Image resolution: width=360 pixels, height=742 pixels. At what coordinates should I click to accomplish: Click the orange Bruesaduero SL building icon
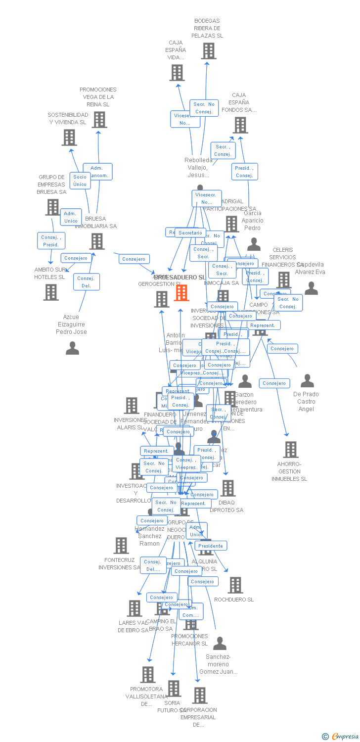(x=181, y=292)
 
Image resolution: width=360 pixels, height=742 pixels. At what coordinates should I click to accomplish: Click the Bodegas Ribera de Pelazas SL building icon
(x=209, y=51)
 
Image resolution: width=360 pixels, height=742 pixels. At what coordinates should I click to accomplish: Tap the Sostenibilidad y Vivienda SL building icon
(x=69, y=138)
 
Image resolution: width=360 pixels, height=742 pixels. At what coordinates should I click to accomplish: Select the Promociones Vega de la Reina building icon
(x=99, y=120)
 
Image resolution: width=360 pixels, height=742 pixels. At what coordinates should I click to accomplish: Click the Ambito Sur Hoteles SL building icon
(x=50, y=292)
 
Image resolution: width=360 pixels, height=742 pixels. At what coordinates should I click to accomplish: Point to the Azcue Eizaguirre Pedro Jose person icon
(x=72, y=349)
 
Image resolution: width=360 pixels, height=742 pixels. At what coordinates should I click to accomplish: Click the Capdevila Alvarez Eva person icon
(x=311, y=288)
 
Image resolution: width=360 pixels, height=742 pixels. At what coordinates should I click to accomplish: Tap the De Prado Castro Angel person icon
(x=307, y=381)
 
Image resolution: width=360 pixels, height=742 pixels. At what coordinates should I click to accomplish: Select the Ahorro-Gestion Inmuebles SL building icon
(x=290, y=450)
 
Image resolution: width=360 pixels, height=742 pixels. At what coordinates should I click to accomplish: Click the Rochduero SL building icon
(x=235, y=585)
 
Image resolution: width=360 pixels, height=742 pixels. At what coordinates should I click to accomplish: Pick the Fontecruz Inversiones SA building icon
(x=121, y=546)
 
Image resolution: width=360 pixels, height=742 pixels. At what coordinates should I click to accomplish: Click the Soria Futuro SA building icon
(x=174, y=688)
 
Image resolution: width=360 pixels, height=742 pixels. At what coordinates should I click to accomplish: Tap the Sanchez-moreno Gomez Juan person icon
(x=220, y=644)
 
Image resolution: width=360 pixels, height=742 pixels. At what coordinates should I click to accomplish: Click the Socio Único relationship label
(x=80, y=181)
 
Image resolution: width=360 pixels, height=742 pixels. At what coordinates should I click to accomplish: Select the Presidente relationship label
(x=211, y=546)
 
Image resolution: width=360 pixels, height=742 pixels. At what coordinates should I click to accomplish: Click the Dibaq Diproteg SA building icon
(x=227, y=488)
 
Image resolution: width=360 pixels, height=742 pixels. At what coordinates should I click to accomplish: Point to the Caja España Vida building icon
(x=177, y=73)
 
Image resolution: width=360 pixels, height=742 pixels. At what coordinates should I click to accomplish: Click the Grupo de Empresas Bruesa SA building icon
(x=52, y=207)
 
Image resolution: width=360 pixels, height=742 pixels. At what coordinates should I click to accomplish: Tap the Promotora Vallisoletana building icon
(x=147, y=675)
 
